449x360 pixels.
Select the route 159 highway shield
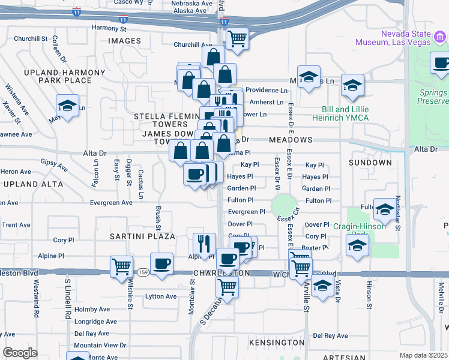(x=143, y=272)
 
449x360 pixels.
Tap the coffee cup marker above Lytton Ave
(x=161, y=265)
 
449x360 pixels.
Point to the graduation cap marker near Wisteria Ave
(x=67, y=106)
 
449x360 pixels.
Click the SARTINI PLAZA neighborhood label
(x=142, y=236)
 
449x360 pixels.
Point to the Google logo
(x=20, y=353)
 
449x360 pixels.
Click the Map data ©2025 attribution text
(x=423, y=355)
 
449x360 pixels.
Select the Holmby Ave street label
(x=92, y=310)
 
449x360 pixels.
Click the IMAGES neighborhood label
(x=124, y=41)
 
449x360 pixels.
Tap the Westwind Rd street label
(x=37, y=298)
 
